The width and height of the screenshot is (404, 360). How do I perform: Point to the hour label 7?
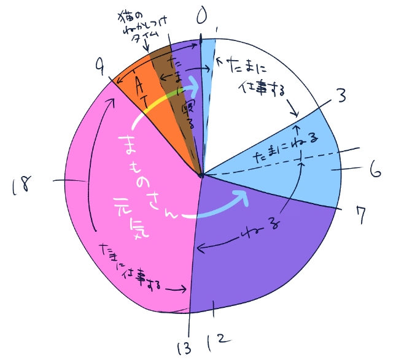(x=361, y=215)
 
